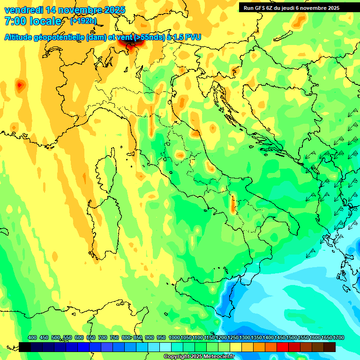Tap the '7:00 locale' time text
click(x=33, y=22)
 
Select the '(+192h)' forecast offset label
click(x=83, y=21)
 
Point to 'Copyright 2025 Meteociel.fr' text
click(x=199, y=357)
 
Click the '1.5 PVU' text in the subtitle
click(x=187, y=37)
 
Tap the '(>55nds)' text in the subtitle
click(x=149, y=37)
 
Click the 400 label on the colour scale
click(x=32, y=338)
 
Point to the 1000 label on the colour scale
click(x=174, y=338)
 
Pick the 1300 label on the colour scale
click(x=245, y=338)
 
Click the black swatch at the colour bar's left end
click(x=25, y=347)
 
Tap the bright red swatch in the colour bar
click(x=283, y=347)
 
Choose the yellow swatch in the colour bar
click(x=236, y=347)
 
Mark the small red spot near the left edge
click(x=20, y=85)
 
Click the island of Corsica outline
click(x=107, y=169)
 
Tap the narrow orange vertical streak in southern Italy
click(x=232, y=204)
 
